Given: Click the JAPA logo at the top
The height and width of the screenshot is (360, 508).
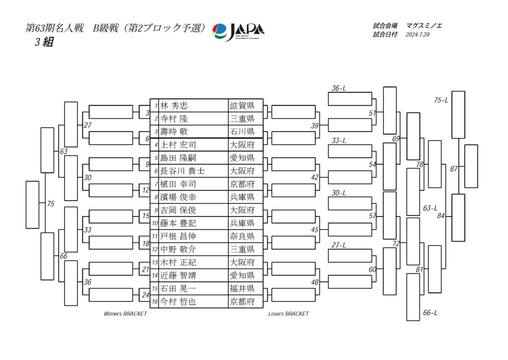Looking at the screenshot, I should [238, 31].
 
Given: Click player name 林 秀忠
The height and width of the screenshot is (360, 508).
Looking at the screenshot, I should [174, 106].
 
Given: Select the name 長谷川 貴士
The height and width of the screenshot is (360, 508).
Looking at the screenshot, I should [182, 171].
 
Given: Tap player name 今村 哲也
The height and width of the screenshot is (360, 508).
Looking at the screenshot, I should [178, 301].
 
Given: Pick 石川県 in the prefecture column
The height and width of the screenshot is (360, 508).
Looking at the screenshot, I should [242, 132].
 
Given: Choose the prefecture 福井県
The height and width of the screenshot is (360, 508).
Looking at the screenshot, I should [242, 288].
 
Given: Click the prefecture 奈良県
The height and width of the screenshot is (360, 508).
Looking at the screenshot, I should [242, 236].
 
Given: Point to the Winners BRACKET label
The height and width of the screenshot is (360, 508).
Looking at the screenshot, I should [125, 314].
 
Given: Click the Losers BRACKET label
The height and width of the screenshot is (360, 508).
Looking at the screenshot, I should [288, 314].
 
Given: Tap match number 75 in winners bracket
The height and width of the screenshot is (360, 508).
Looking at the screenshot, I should [51, 204].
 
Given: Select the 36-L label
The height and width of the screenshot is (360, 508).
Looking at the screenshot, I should [339, 88].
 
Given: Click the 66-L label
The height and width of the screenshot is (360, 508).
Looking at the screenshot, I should [430, 313].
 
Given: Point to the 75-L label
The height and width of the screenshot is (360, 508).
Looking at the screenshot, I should [441, 100].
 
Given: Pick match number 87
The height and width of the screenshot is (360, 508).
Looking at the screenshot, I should [453, 169].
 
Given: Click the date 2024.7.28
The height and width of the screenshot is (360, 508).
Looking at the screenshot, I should [417, 35].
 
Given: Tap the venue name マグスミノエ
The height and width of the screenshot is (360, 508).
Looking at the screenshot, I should [424, 25].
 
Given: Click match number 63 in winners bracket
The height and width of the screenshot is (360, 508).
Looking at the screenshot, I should [63, 151].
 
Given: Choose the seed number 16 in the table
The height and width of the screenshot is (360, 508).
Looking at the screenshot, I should [155, 302].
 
